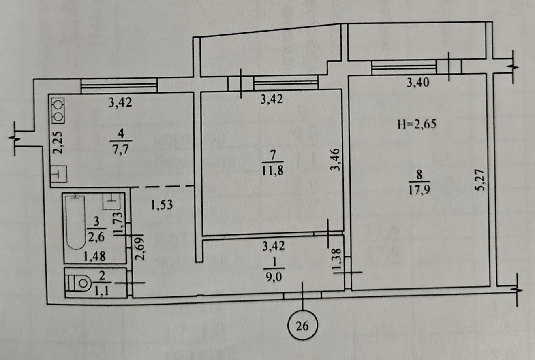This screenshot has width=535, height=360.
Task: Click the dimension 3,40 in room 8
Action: pos(417,84)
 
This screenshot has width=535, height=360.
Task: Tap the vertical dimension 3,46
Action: pos(334,160)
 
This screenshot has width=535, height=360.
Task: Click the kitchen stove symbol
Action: pos(59,111)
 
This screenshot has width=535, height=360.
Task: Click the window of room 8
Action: pos(404,67)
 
